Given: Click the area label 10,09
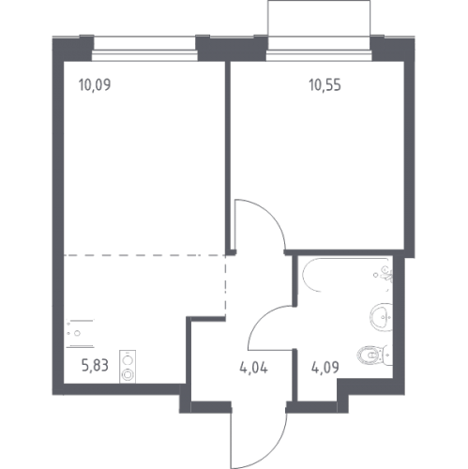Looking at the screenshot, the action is [x=95, y=84].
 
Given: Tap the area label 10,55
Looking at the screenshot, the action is [x=325, y=84].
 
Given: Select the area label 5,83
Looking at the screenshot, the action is [x=95, y=365].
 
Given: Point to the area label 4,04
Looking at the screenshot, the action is [x=253, y=368].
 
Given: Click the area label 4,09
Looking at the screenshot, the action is [x=325, y=368].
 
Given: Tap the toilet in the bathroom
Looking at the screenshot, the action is [x=374, y=356].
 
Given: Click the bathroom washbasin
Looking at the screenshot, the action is [x=382, y=317].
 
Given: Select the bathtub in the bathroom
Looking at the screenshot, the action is [x=345, y=275].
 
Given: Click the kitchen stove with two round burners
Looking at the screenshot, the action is [x=128, y=367].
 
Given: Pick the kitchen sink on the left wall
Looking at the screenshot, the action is [x=80, y=333].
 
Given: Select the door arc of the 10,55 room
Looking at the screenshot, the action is [x=269, y=216].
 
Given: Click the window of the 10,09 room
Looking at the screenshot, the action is [x=144, y=55].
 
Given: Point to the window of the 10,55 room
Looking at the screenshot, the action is [x=319, y=55].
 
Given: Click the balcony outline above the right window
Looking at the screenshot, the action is [x=319, y=1].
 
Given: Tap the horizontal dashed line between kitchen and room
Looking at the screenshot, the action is [x=144, y=255].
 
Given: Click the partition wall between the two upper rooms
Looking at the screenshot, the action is [x=228, y=158].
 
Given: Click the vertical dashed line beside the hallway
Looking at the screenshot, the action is [x=225, y=286].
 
